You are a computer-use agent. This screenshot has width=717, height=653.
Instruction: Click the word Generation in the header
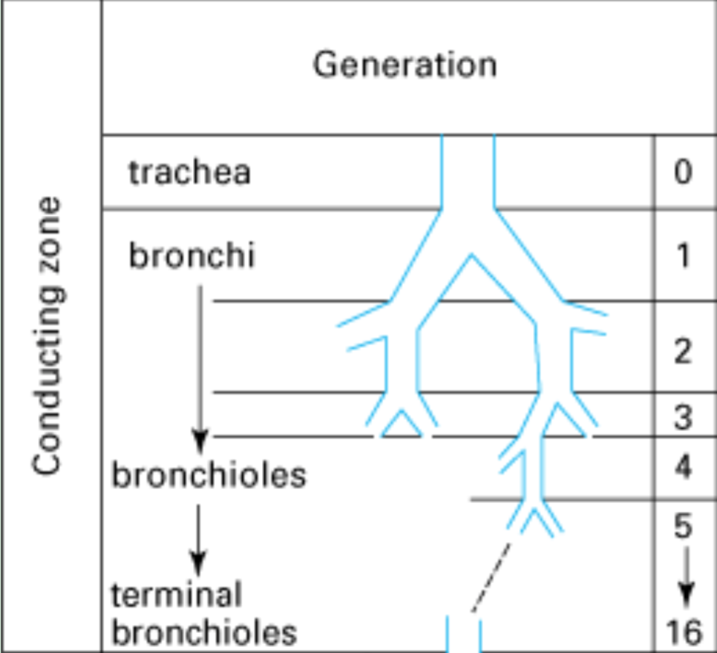coord(405,65)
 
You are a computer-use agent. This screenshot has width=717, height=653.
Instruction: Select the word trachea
coord(189,173)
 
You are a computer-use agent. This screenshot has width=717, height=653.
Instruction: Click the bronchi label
coord(191,257)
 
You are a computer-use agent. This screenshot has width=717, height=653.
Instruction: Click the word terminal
coord(177,594)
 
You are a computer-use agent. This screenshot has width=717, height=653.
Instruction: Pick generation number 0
coord(684,173)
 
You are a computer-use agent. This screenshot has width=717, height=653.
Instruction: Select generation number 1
coord(684,257)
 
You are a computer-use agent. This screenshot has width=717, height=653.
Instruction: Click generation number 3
coord(684,418)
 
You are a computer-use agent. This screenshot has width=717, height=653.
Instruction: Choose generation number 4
coord(684,468)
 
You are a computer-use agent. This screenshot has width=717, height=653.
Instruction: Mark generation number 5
coord(684,525)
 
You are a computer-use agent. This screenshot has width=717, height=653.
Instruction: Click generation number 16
coord(684,633)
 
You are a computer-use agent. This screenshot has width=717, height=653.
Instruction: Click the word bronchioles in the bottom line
coord(204,633)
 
